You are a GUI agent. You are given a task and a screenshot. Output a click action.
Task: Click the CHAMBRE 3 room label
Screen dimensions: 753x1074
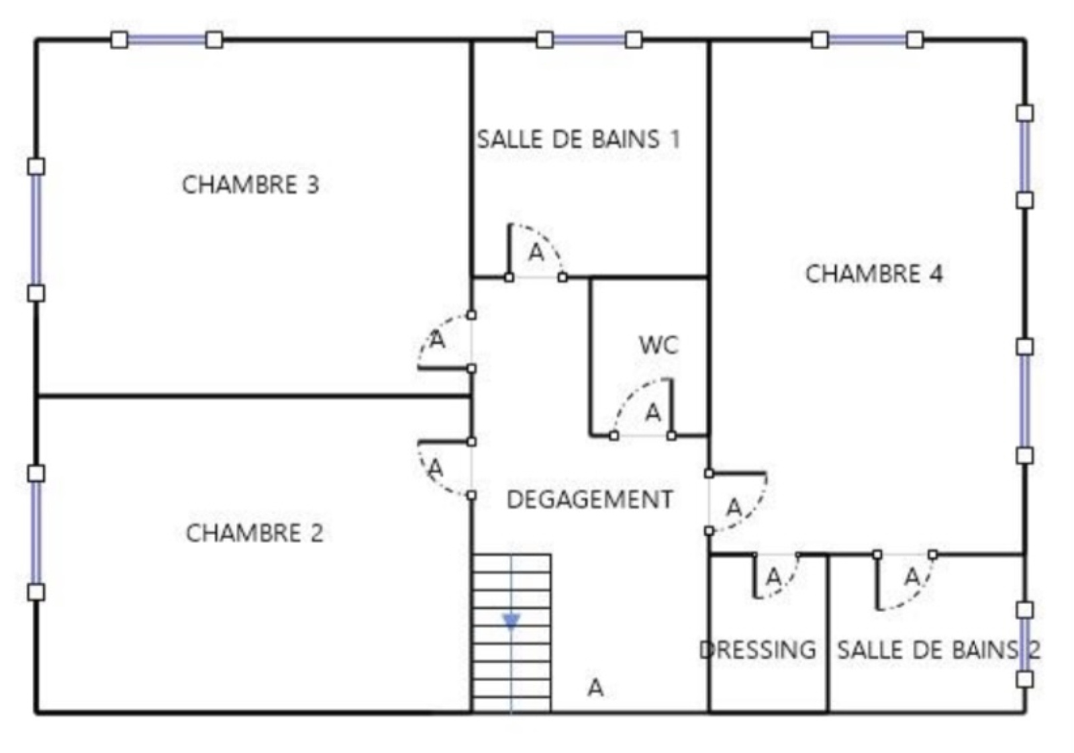pyautogui.click(x=250, y=185)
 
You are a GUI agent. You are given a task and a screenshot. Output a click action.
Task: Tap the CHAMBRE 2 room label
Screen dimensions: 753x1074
pyautogui.click(x=254, y=533)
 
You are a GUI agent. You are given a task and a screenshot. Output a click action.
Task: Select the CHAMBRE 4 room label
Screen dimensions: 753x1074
pyautogui.click(x=874, y=274)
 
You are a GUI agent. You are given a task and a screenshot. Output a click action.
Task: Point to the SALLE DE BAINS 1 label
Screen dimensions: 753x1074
pyautogui.click(x=578, y=140)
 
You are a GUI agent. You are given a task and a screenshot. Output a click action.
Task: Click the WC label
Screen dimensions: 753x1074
pyautogui.click(x=658, y=345)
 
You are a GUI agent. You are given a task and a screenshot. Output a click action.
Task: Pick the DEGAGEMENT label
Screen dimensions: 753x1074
pyautogui.click(x=589, y=500)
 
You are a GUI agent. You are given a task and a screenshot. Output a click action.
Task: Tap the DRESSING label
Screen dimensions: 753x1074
pyautogui.click(x=758, y=650)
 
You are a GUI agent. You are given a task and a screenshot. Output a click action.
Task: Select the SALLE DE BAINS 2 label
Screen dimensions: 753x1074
pyautogui.click(x=938, y=650)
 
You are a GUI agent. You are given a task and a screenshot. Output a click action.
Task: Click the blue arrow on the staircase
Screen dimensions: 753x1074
pyautogui.click(x=511, y=621)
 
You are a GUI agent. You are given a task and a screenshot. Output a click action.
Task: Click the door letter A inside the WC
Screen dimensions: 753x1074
pyautogui.click(x=652, y=412)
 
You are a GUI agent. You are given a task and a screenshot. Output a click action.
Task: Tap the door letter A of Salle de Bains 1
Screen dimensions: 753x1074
pyautogui.click(x=536, y=253)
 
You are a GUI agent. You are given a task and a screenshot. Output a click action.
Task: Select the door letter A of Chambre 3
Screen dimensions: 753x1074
pyautogui.click(x=438, y=341)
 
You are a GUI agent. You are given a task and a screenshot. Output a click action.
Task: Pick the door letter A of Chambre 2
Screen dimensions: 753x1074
pyautogui.click(x=436, y=466)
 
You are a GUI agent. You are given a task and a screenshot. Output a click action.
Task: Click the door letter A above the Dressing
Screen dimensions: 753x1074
pyautogui.click(x=773, y=576)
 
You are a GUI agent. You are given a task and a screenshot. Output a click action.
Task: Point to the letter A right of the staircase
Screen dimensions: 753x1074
pyautogui.click(x=595, y=688)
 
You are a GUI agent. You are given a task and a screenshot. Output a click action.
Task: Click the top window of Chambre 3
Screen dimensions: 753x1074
pyautogui.click(x=166, y=40)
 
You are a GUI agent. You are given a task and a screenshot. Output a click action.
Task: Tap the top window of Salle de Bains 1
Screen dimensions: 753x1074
pyautogui.click(x=589, y=40)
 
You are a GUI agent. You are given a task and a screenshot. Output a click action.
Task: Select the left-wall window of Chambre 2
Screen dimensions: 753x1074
pyautogui.click(x=36, y=533)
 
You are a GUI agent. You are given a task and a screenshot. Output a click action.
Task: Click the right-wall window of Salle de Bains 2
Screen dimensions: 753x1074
pyautogui.click(x=1024, y=644)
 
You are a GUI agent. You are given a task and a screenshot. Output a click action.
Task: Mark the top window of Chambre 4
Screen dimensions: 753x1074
pyautogui.click(x=867, y=40)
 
